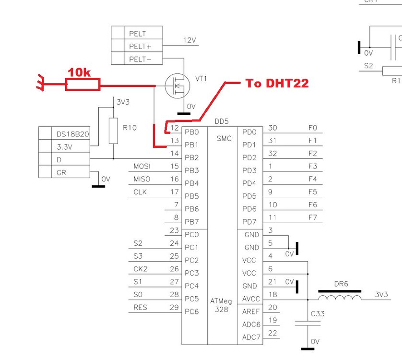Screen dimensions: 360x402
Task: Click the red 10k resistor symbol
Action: pos(83,85)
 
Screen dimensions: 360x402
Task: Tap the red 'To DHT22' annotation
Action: pos(277,83)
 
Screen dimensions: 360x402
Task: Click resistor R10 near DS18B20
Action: pos(113,131)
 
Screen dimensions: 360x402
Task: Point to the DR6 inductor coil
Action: pos(340,298)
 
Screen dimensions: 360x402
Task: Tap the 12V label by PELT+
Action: pos(189,41)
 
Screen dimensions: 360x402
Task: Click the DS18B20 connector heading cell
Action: pos(72,134)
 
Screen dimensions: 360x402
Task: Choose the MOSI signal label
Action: pos(142,166)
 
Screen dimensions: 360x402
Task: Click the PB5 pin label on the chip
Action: pos(191,196)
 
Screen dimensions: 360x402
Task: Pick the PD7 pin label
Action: pos(249,222)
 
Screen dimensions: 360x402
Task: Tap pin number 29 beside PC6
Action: pos(175,307)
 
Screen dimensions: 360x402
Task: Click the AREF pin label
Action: pos(250,312)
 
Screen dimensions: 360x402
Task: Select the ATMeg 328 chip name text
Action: pos(221,305)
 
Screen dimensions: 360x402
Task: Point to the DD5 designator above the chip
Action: pos(221,121)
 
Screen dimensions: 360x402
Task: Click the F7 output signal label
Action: pos(313,217)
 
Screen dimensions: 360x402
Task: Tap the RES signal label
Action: pos(140,307)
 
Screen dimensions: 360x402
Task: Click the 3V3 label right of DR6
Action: pos(381,294)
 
